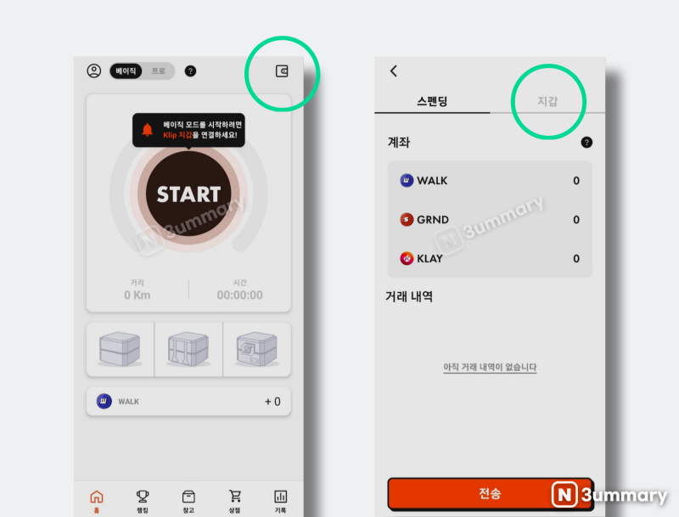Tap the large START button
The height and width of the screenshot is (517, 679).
pyautogui.click(x=188, y=194)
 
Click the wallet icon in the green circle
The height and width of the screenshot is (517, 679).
pyautogui.click(x=282, y=71)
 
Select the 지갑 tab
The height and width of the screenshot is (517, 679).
pyautogui.click(x=547, y=101)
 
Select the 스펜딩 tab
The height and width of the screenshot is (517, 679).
pyautogui.click(x=432, y=101)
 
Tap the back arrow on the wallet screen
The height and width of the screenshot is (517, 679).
pyautogui.click(x=394, y=71)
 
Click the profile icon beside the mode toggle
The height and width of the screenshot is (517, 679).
pyautogui.click(x=94, y=71)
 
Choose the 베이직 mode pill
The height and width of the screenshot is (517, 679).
pyautogui.click(x=126, y=71)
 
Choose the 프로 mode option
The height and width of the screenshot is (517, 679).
pyautogui.click(x=159, y=71)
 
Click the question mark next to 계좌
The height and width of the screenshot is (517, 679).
pyautogui.click(x=586, y=143)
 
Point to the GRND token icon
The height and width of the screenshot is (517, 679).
pyautogui.click(x=407, y=220)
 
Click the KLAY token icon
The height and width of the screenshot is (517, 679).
pyautogui.click(x=407, y=259)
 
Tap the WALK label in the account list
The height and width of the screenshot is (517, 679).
pyautogui.click(x=432, y=181)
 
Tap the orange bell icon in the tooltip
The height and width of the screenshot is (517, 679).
pyautogui.click(x=148, y=130)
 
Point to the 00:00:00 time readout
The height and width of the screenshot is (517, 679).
pyautogui.click(x=239, y=295)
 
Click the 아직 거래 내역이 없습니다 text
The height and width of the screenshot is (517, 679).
pyautogui.click(x=490, y=368)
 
